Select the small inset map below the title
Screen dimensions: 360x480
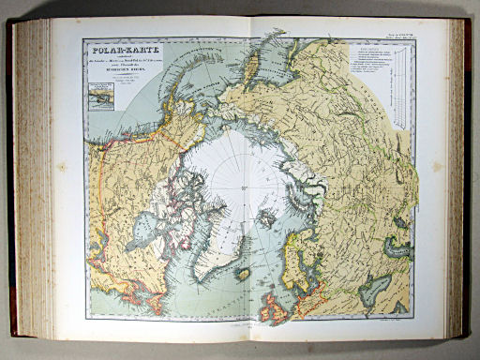tap(99, 94)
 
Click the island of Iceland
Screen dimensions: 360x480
tap(243, 274)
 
